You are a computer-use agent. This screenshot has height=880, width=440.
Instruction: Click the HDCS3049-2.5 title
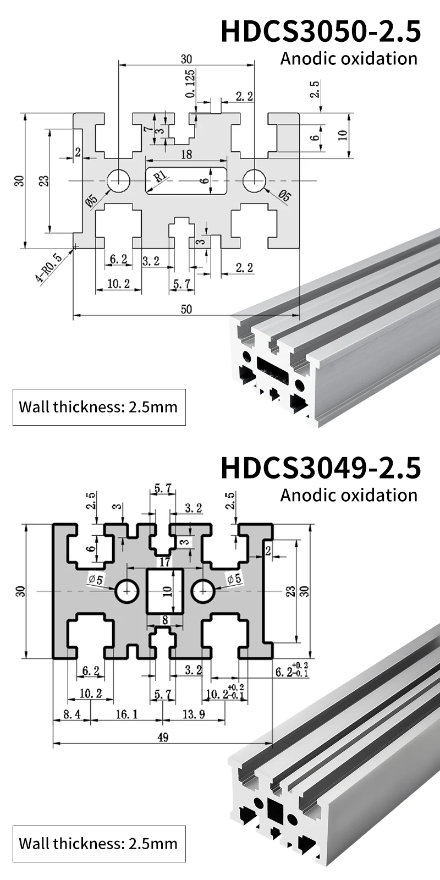[x=320, y=467]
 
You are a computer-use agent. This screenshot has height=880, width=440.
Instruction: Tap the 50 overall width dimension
[x=186, y=309]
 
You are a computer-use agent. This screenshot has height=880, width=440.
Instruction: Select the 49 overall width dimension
[x=163, y=738]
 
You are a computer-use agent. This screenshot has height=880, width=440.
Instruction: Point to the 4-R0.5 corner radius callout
[x=48, y=268]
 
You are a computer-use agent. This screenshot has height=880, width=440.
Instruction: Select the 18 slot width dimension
[x=186, y=155]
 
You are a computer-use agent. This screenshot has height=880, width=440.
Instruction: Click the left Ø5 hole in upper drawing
[x=118, y=180]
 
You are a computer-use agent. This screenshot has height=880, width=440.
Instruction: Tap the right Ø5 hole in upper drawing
[x=254, y=180]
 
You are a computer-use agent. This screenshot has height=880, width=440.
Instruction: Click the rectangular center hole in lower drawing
[x=164, y=591]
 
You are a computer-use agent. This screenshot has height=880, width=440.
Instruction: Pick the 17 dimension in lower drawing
[x=164, y=562]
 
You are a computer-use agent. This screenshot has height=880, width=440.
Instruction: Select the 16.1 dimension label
[x=127, y=714]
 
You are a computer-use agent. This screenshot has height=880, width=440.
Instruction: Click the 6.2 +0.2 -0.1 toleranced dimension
[x=291, y=669]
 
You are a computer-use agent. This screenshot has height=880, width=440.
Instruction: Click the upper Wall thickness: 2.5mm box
[x=99, y=407]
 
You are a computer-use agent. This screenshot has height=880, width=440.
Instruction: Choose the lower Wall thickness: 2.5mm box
[x=99, y=843]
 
